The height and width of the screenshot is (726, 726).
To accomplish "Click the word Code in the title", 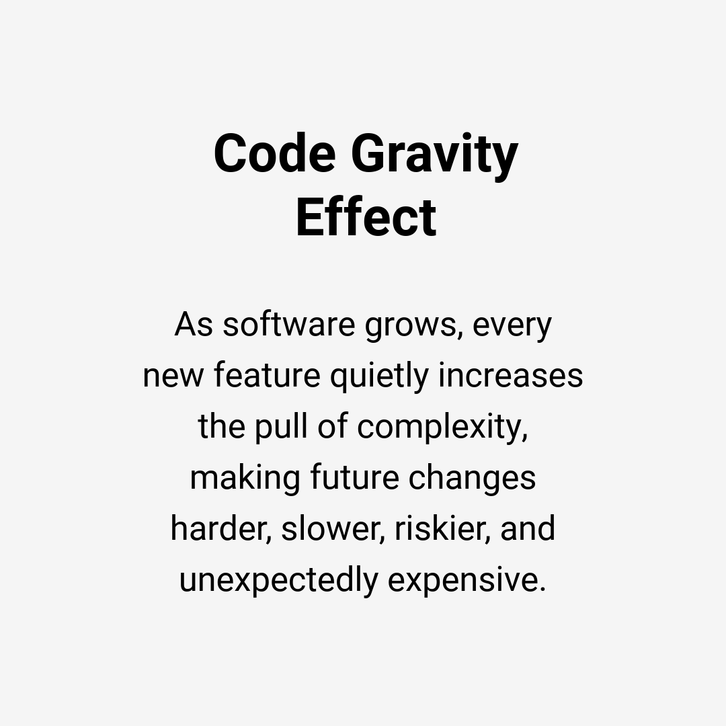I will click(274, 154).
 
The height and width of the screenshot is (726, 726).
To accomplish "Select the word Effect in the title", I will click(366, 218).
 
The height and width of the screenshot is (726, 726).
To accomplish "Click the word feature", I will click(267, 376).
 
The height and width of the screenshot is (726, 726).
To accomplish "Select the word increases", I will click(510, 376).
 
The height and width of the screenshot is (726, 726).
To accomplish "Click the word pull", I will click(278, 428).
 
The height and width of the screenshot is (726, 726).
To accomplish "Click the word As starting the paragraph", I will click(194, 325).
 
